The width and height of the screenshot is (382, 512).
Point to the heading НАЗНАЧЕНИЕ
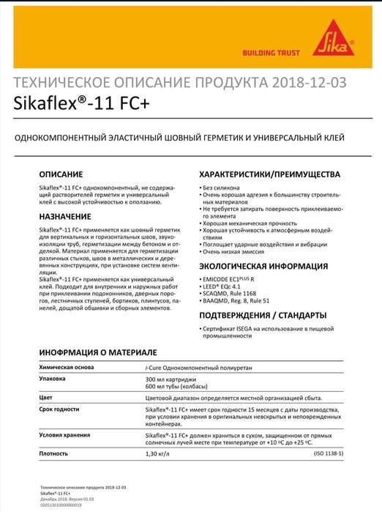(x=65, y=217)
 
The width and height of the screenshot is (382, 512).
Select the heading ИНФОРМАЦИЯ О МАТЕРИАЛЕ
(x=98, y=353)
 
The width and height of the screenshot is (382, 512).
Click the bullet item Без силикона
(x=224, y=188)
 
